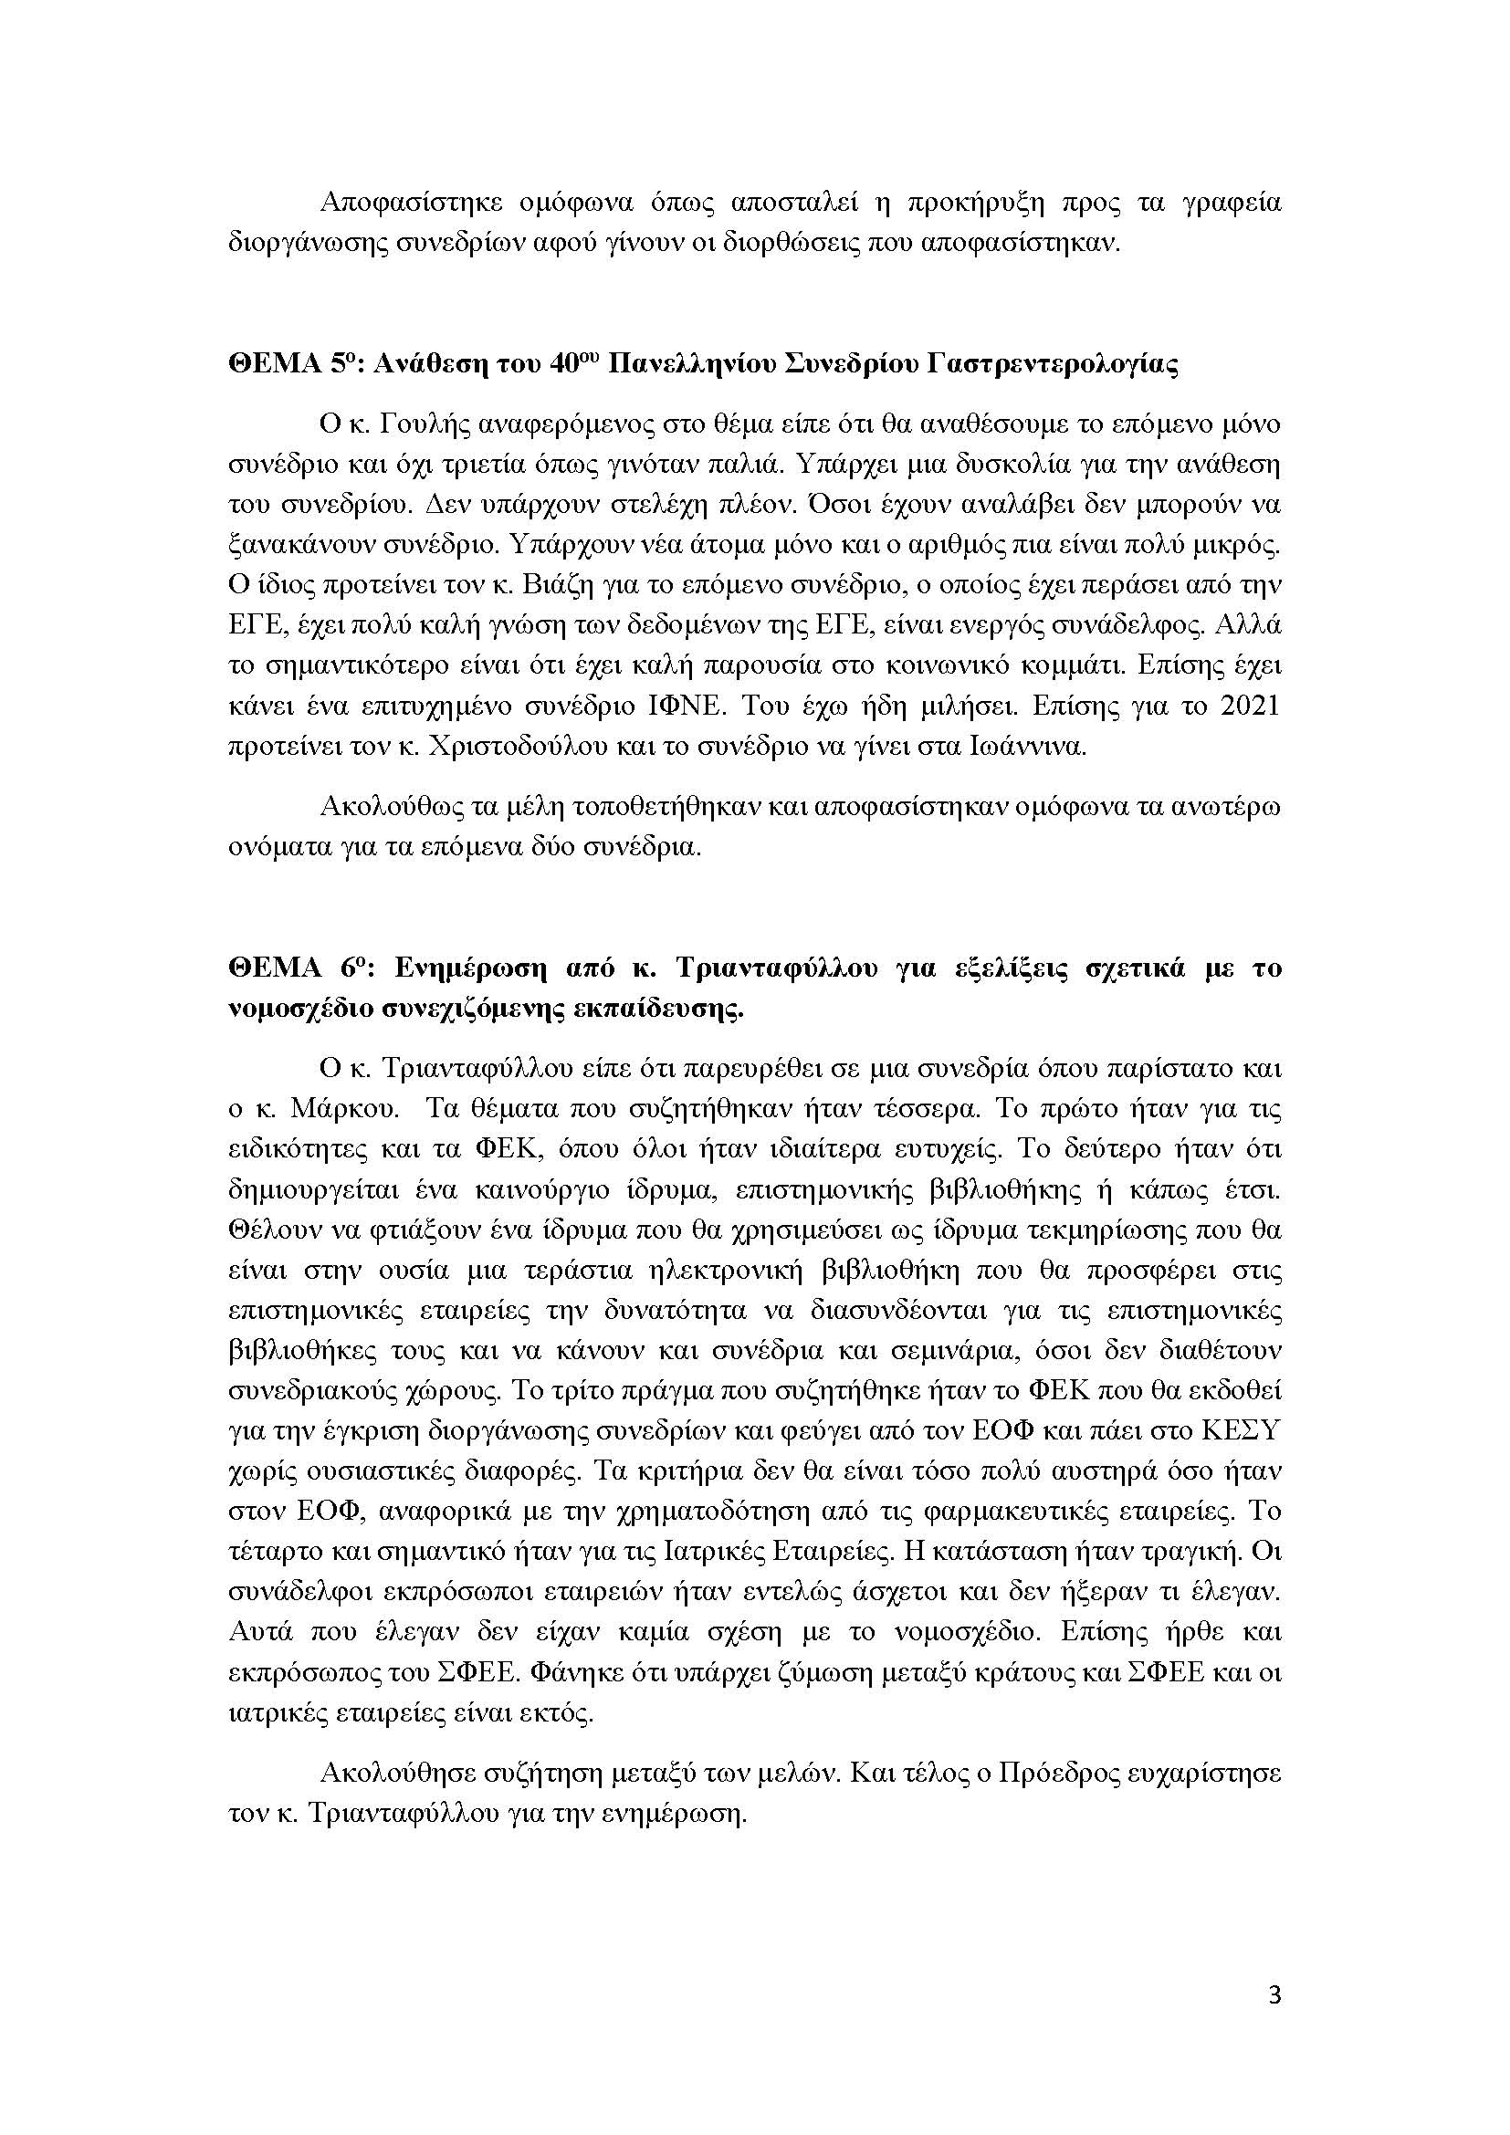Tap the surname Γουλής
pos(421,425)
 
